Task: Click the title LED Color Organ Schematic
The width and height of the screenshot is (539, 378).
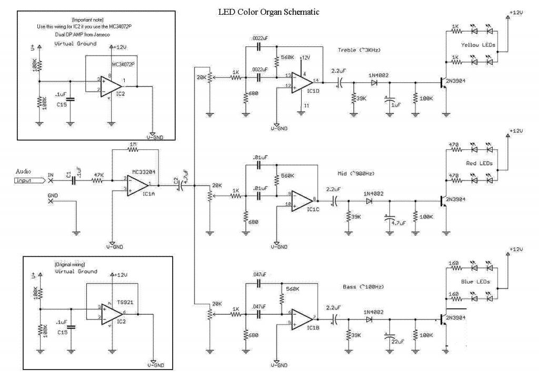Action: (x=268, y=12)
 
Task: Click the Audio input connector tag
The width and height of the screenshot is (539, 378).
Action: (x=30, y=181)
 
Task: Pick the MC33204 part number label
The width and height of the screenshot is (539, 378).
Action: (x=143, y=171)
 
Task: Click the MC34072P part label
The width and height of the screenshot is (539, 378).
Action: (x=123, y=64)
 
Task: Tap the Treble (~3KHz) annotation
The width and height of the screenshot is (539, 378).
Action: (x=360, y=50)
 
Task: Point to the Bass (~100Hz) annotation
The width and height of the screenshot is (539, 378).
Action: (x=363, y=286)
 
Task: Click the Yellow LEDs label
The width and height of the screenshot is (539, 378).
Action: (x=478, y=45)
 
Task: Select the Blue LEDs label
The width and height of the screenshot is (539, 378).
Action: (x=478, y=282)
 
